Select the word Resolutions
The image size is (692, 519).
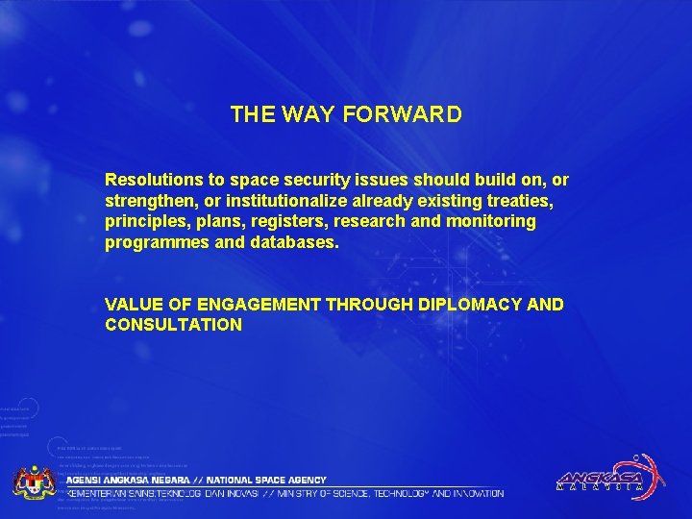coord(155,180)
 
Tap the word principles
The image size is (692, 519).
coord(144,222)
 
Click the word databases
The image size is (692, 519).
coord(291,243)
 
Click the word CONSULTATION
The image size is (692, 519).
coord(173,325)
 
